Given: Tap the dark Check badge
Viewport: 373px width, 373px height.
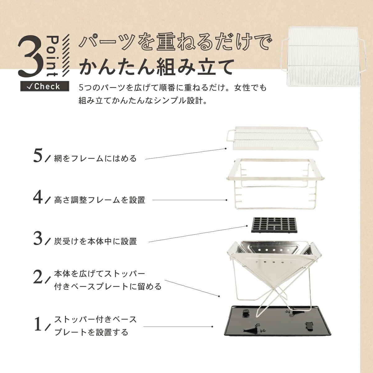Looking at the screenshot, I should (x=45, y=86).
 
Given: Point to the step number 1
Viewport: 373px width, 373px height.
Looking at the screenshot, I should (x=38, y=324).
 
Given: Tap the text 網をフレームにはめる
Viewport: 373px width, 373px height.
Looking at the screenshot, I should (x=95, y=159).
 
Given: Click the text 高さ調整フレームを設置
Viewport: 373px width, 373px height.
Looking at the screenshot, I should (x=99, y=200).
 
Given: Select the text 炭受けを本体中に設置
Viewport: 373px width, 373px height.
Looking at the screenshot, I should (x=95, y=241).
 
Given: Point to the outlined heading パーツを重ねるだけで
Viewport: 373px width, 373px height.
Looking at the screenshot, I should (x=174, y=43).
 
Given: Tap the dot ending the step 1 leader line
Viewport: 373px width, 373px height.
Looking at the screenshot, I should (x=212, y=327).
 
